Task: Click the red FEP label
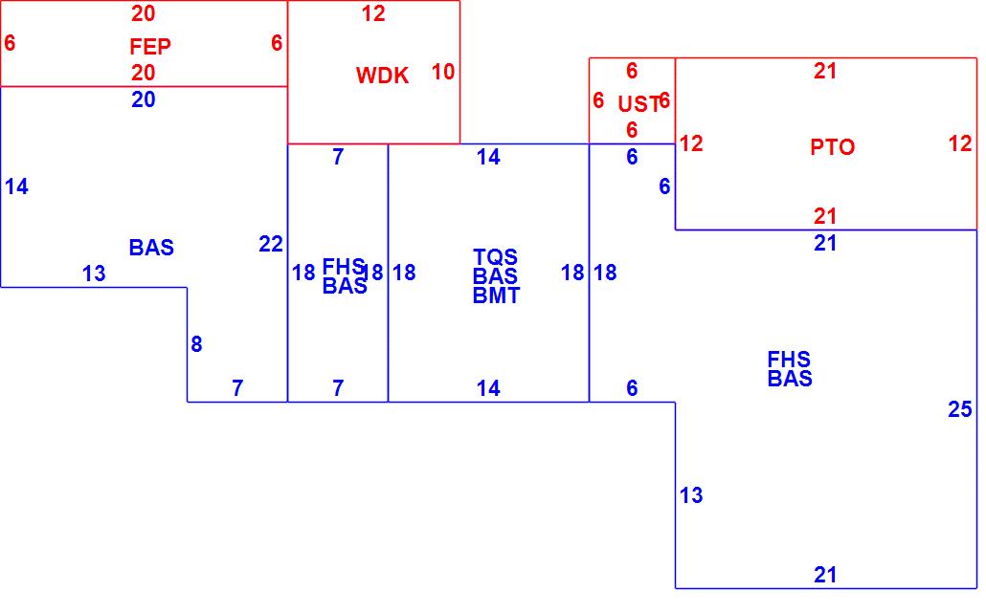[x=150, y=47]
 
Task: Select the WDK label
[x=382, y=77]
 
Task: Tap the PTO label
[x=832, y=147]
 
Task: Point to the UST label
[x=639, y=104]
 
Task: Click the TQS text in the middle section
[x=496, y=257]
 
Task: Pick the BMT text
[x=496, y=296]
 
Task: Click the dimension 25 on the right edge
[x=959, y=410]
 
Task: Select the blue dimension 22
[x=271, y=244]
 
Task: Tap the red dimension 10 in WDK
[x=442, y=72]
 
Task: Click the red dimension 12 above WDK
[x=373, y=14]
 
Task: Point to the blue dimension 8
[x=196, y=344]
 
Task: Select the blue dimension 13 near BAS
[x=94, y=274]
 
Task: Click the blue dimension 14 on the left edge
[x=16, y=187]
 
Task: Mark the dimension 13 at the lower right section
[x=691, y=495]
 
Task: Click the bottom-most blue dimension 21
[x=825, y=575]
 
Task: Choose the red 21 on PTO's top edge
[x=825, y=71]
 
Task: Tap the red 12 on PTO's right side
[x=960, y=144]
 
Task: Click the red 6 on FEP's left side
[x=10, y=43]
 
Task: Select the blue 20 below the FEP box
[x=144, y=99]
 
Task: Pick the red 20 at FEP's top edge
[x=144, y=13]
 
